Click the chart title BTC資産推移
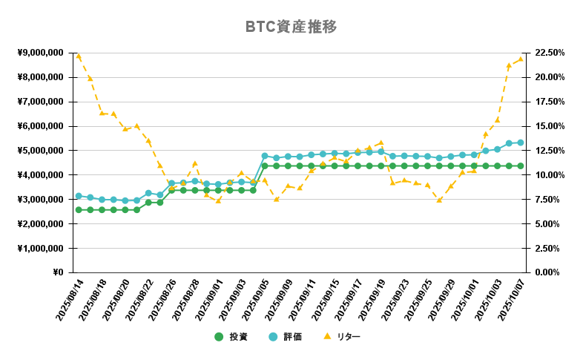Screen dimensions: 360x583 pyautogui.click(x=291, y=27)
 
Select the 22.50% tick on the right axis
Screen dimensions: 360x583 pyautogui.click(x=550, y=53)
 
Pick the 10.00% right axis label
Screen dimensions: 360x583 pyautogui.click(x=550, y=175)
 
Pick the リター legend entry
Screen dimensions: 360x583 pyautogui.click(x=341, y=337)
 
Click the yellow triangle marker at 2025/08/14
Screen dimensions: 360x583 pyautogui.click(x=79, y=56)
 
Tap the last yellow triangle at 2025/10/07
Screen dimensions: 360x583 pyautogui.click(x=521, y=59)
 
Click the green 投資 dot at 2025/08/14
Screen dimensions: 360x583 pyautogui.click(x=79, y=210)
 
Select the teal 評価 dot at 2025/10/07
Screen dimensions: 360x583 pyautogui.click(x=521, y=143)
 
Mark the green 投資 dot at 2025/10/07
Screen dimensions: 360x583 pyautogui.click(x=521, y=166)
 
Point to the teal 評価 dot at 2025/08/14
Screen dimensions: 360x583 pyautogui.click(x=79, y=196)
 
